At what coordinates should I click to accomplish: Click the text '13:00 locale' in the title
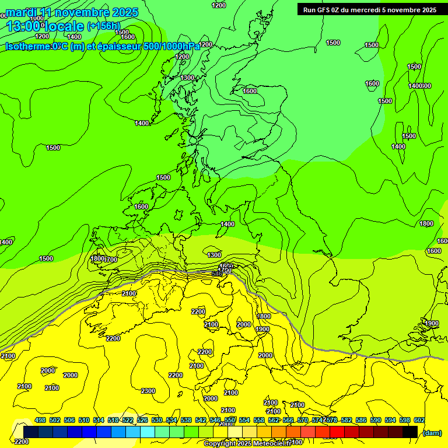coord(45,26)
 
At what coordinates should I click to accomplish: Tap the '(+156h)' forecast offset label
coord(103,26)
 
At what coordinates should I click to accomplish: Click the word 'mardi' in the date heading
coord(22,12)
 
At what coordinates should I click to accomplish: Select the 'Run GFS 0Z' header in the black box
coord(330,10)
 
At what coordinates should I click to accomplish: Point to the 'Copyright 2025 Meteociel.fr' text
coord(248,443)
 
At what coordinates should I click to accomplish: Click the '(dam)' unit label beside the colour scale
coord(432,432)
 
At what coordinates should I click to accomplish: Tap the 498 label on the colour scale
coord(40,421)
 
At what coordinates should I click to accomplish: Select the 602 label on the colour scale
coord(419,421)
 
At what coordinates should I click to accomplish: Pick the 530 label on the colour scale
coord(157,421)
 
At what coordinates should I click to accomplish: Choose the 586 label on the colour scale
coord(360,421)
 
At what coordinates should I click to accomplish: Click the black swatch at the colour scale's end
coord(410,432)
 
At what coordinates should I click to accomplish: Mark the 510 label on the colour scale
coord(84,421)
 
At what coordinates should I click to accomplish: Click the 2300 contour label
coord(148,391)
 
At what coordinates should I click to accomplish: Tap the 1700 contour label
coord(110,260)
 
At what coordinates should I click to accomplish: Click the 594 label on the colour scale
coord(390,421)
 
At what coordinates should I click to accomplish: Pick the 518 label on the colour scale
coord(113,421)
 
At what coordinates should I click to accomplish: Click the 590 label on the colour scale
coord(375,421)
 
